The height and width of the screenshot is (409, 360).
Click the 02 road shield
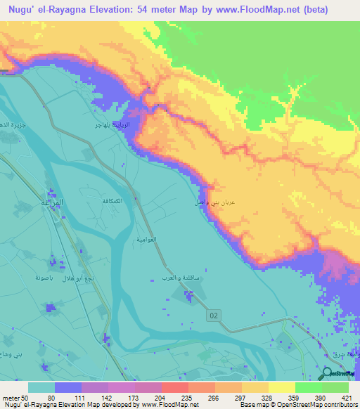tap(214, 317)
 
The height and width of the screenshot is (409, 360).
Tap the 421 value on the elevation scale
tap(345, 397)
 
